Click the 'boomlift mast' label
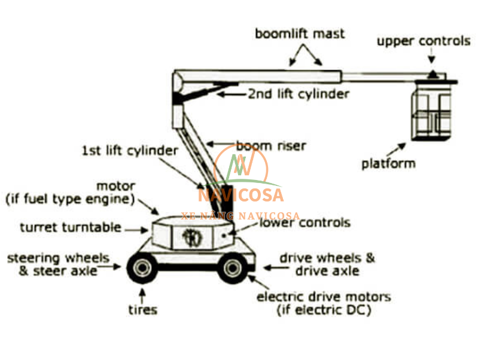point(300,33)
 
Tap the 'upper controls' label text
point(424,41)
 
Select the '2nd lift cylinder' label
point(299,94)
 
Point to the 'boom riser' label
point(271,145)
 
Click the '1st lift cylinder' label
point(130,151)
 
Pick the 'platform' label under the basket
point(388,163)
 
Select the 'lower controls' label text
point(305,223)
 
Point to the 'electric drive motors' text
point(323,297)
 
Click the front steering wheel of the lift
point(141,268)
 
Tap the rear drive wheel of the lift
point(232,268)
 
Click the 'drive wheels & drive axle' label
point(327,264)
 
